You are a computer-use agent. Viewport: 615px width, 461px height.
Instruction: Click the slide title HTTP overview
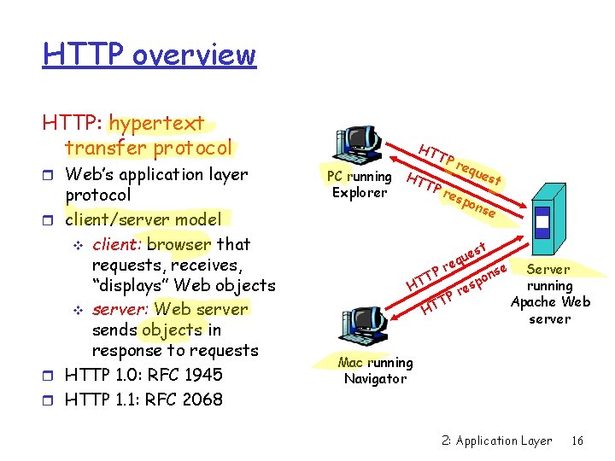(x=149, y=55)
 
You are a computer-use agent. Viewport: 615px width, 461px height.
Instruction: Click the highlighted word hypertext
(x=157, y=124)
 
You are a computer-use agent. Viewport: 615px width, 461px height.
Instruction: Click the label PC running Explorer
(x=360, y=184)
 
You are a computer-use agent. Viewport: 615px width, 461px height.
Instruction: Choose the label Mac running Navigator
(x=375, y=371)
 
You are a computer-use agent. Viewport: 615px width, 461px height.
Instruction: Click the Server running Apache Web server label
(x=550, y=294)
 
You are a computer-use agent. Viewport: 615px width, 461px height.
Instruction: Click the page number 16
(x=577, y=441)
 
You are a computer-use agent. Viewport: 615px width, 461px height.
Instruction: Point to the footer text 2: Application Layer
(x=497, y=441)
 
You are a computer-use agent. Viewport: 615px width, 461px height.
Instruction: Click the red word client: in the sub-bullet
(x=117, y=244)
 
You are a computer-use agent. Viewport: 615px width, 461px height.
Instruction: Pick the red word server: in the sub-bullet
(x=120, y=309)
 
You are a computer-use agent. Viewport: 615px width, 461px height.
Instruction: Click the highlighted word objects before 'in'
(x=173, y=330)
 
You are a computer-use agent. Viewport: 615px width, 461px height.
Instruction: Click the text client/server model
(x=143, y=219)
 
